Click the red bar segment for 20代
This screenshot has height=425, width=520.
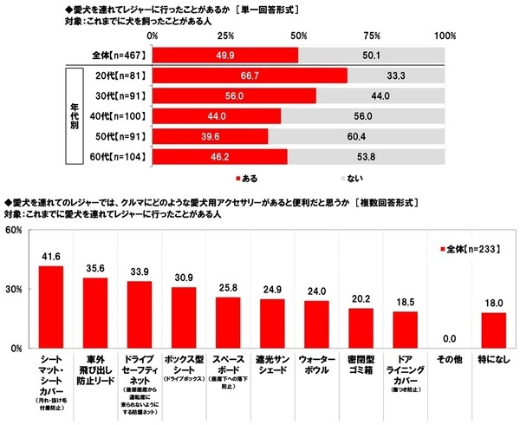coord(250,75)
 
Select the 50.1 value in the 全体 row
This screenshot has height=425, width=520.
coord(371,55)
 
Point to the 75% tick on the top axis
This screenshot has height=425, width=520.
coord(372,36)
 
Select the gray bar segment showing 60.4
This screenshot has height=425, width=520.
coord(356,136)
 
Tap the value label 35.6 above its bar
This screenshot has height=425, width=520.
coord(94,268)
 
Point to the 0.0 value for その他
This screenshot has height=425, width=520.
coord(451,339)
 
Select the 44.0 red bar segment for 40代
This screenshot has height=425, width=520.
coord(217,116)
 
